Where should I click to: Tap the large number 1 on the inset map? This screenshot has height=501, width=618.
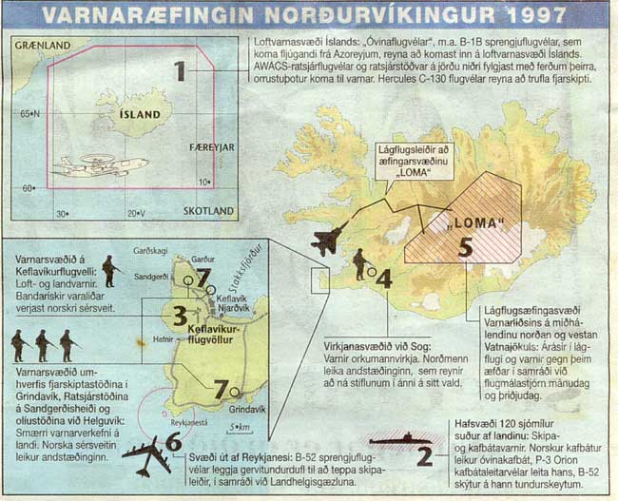pyautogui.click(x=179, y=71)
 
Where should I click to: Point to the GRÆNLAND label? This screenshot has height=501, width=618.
pyautogui.click(x=41, y=46)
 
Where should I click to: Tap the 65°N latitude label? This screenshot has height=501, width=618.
pyautogui.click(x=30, y=113)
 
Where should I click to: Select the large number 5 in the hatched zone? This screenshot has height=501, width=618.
pyautogui.click(x=464, y=246)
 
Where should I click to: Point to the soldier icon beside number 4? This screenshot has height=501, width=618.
pyautogui.click(x=360, y=264)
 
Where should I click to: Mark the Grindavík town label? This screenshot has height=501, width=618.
pyautogui.click(x=247, y=408)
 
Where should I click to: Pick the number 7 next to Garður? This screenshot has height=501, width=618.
pyautogui.click(x=203, y=276)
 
